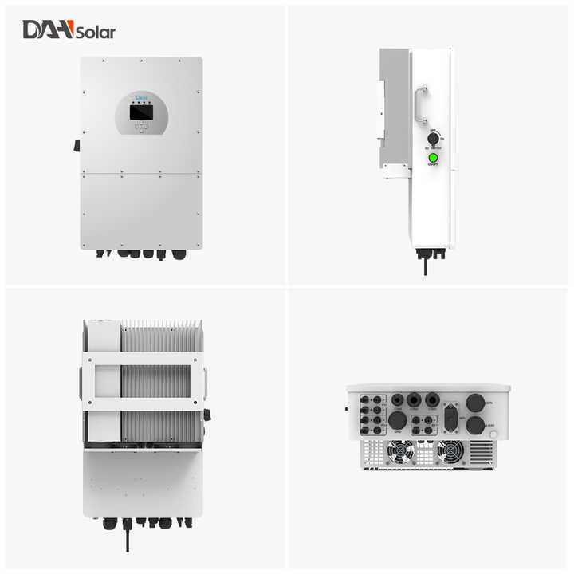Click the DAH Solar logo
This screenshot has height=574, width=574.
[69, 30]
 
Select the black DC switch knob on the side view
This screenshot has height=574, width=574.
[434, 138]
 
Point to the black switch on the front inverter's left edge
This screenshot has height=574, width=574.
[77, 145]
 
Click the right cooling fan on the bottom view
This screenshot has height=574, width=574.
[450, 452]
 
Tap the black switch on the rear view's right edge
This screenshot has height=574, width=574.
[206, 415]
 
